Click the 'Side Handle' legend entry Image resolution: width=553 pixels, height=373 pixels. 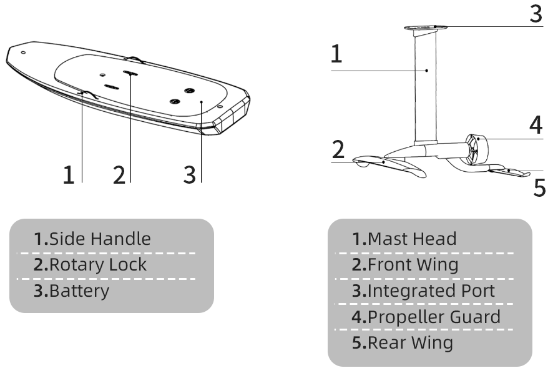92,239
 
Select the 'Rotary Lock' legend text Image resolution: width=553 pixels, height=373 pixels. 90,265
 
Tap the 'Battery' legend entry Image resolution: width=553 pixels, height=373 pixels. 72,291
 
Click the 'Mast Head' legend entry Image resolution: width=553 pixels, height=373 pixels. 404,239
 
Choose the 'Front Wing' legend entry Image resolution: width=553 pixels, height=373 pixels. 405,265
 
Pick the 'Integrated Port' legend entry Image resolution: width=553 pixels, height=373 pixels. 423,291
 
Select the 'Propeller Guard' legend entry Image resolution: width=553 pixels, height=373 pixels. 426,317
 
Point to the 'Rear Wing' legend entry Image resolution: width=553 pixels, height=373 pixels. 403,342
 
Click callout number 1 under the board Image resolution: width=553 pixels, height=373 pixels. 69,175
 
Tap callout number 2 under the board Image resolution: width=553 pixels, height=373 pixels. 119,175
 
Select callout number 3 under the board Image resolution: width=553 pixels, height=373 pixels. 190,175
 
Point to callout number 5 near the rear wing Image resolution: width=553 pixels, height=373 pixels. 540,187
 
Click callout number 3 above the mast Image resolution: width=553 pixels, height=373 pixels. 536,14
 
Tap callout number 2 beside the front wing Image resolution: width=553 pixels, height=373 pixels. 338,149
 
